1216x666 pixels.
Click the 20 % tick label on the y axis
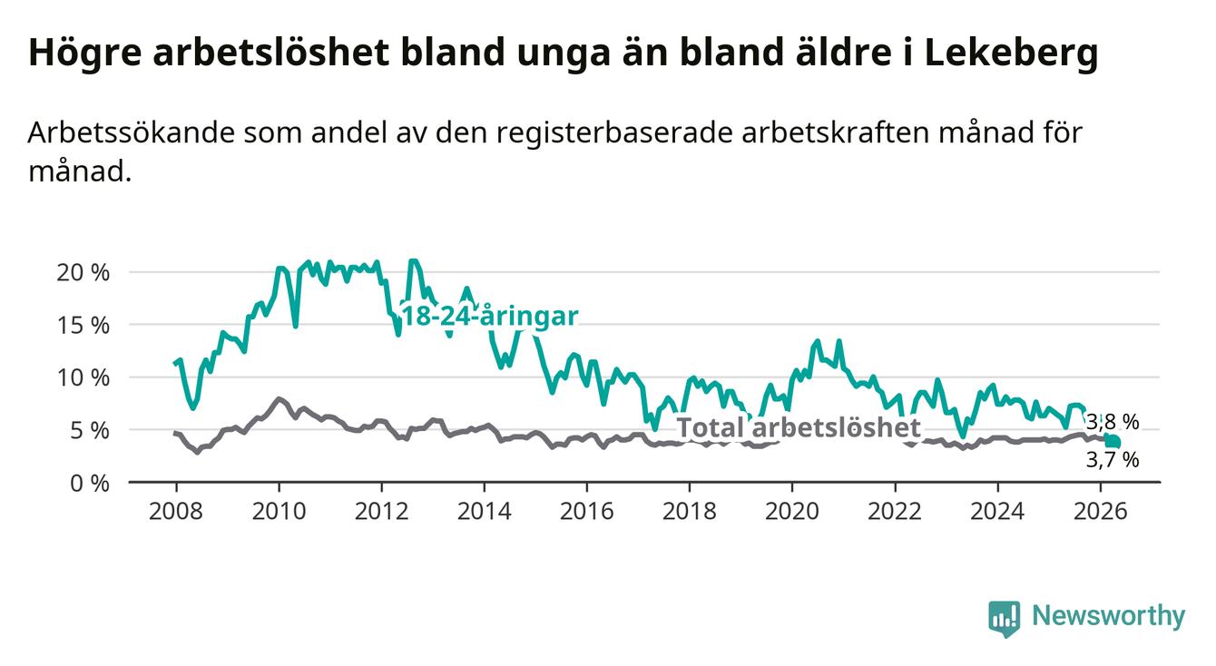[x=83, y=272]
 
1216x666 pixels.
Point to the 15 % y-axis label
[x=83, y=325]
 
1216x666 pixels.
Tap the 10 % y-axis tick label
[x=83, y=377]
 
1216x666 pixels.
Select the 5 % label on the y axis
[x=90, y=430]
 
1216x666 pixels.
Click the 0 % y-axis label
[x=90, y=483]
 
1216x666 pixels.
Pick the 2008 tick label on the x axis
[x=175, y=512]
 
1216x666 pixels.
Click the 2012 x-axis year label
[x=381, y=512]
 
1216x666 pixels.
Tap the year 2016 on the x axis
[x=586, y=512]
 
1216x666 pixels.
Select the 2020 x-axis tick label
[x=792, y=512]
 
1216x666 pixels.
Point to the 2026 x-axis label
[x=1101, y=512]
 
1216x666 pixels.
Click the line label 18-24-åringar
[x=490, y=316]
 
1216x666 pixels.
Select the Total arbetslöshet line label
[x=799, y=427]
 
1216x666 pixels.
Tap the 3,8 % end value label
[x=1113, y=422]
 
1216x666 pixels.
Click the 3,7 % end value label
[x=1113, y=460]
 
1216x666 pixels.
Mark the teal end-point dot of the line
[x=1113, y=442]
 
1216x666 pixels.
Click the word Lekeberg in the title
[x=1011, y=54]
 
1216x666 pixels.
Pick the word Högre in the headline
[x=84, y=54]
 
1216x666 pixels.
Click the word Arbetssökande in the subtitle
[x=131, y=132]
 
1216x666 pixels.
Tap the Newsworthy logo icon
[x=1004, y=619]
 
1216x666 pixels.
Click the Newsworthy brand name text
[x=1109, y=616]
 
